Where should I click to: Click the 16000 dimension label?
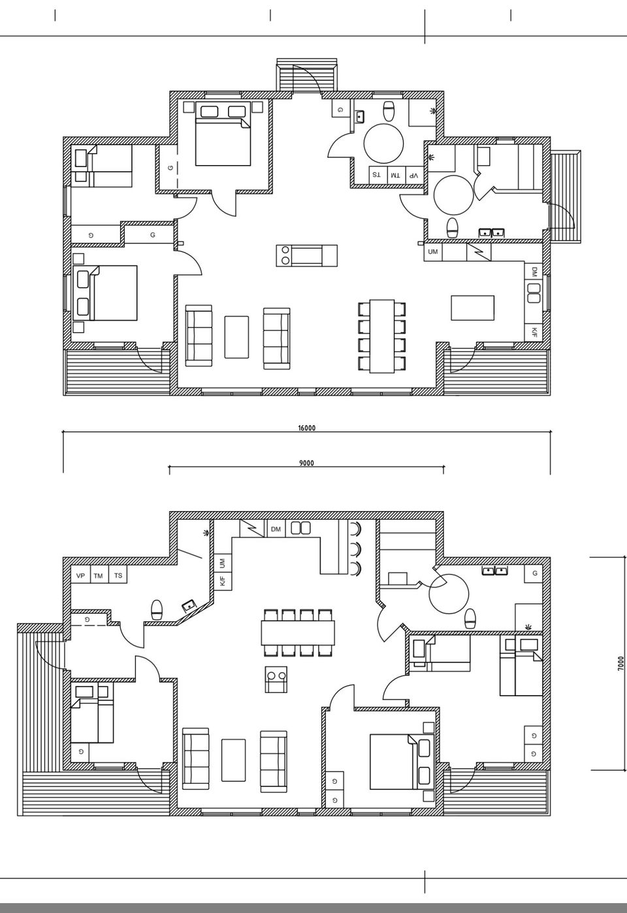pyautogui.click(x=307, y=428)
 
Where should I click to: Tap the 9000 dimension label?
pyautogui.click(x=307, y=463)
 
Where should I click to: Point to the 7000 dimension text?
pyautogui.click(x=620, y=663)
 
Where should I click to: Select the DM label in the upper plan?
pyautogui.click(x=534, y=271)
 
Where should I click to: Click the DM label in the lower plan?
pyautogui.click(x=276, y=529)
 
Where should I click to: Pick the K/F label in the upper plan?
pyautogui.click(x=534, y=333)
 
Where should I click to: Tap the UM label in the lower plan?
pyautogui.click(x=223, y=564)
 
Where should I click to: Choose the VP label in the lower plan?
pyautogui.click(x=80, y=576)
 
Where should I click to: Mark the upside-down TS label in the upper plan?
pyautogui.click(x=376, y=176)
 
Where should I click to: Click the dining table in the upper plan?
pyautogui.click(x=382, y=336)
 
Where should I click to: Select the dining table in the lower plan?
pyautogui.click(x=298, y=633)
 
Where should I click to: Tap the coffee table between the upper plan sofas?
pyautogui.click(x=236, y=337)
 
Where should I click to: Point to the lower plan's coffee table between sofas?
pyautogui.click(x=234, y=760)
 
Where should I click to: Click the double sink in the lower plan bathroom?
pyautogui.click(x=494, y=570)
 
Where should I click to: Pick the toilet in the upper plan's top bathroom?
pyautogui.click(x=389, y=112)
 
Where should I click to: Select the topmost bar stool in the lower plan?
pyautogui.click(x=355, y=529)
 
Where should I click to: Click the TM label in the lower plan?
pyautogui.click(x=98, y=576)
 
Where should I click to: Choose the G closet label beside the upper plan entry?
pyautogui.click(x=340, y=110)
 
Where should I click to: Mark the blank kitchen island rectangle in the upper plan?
pyautogui.click(x=472, y=308)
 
